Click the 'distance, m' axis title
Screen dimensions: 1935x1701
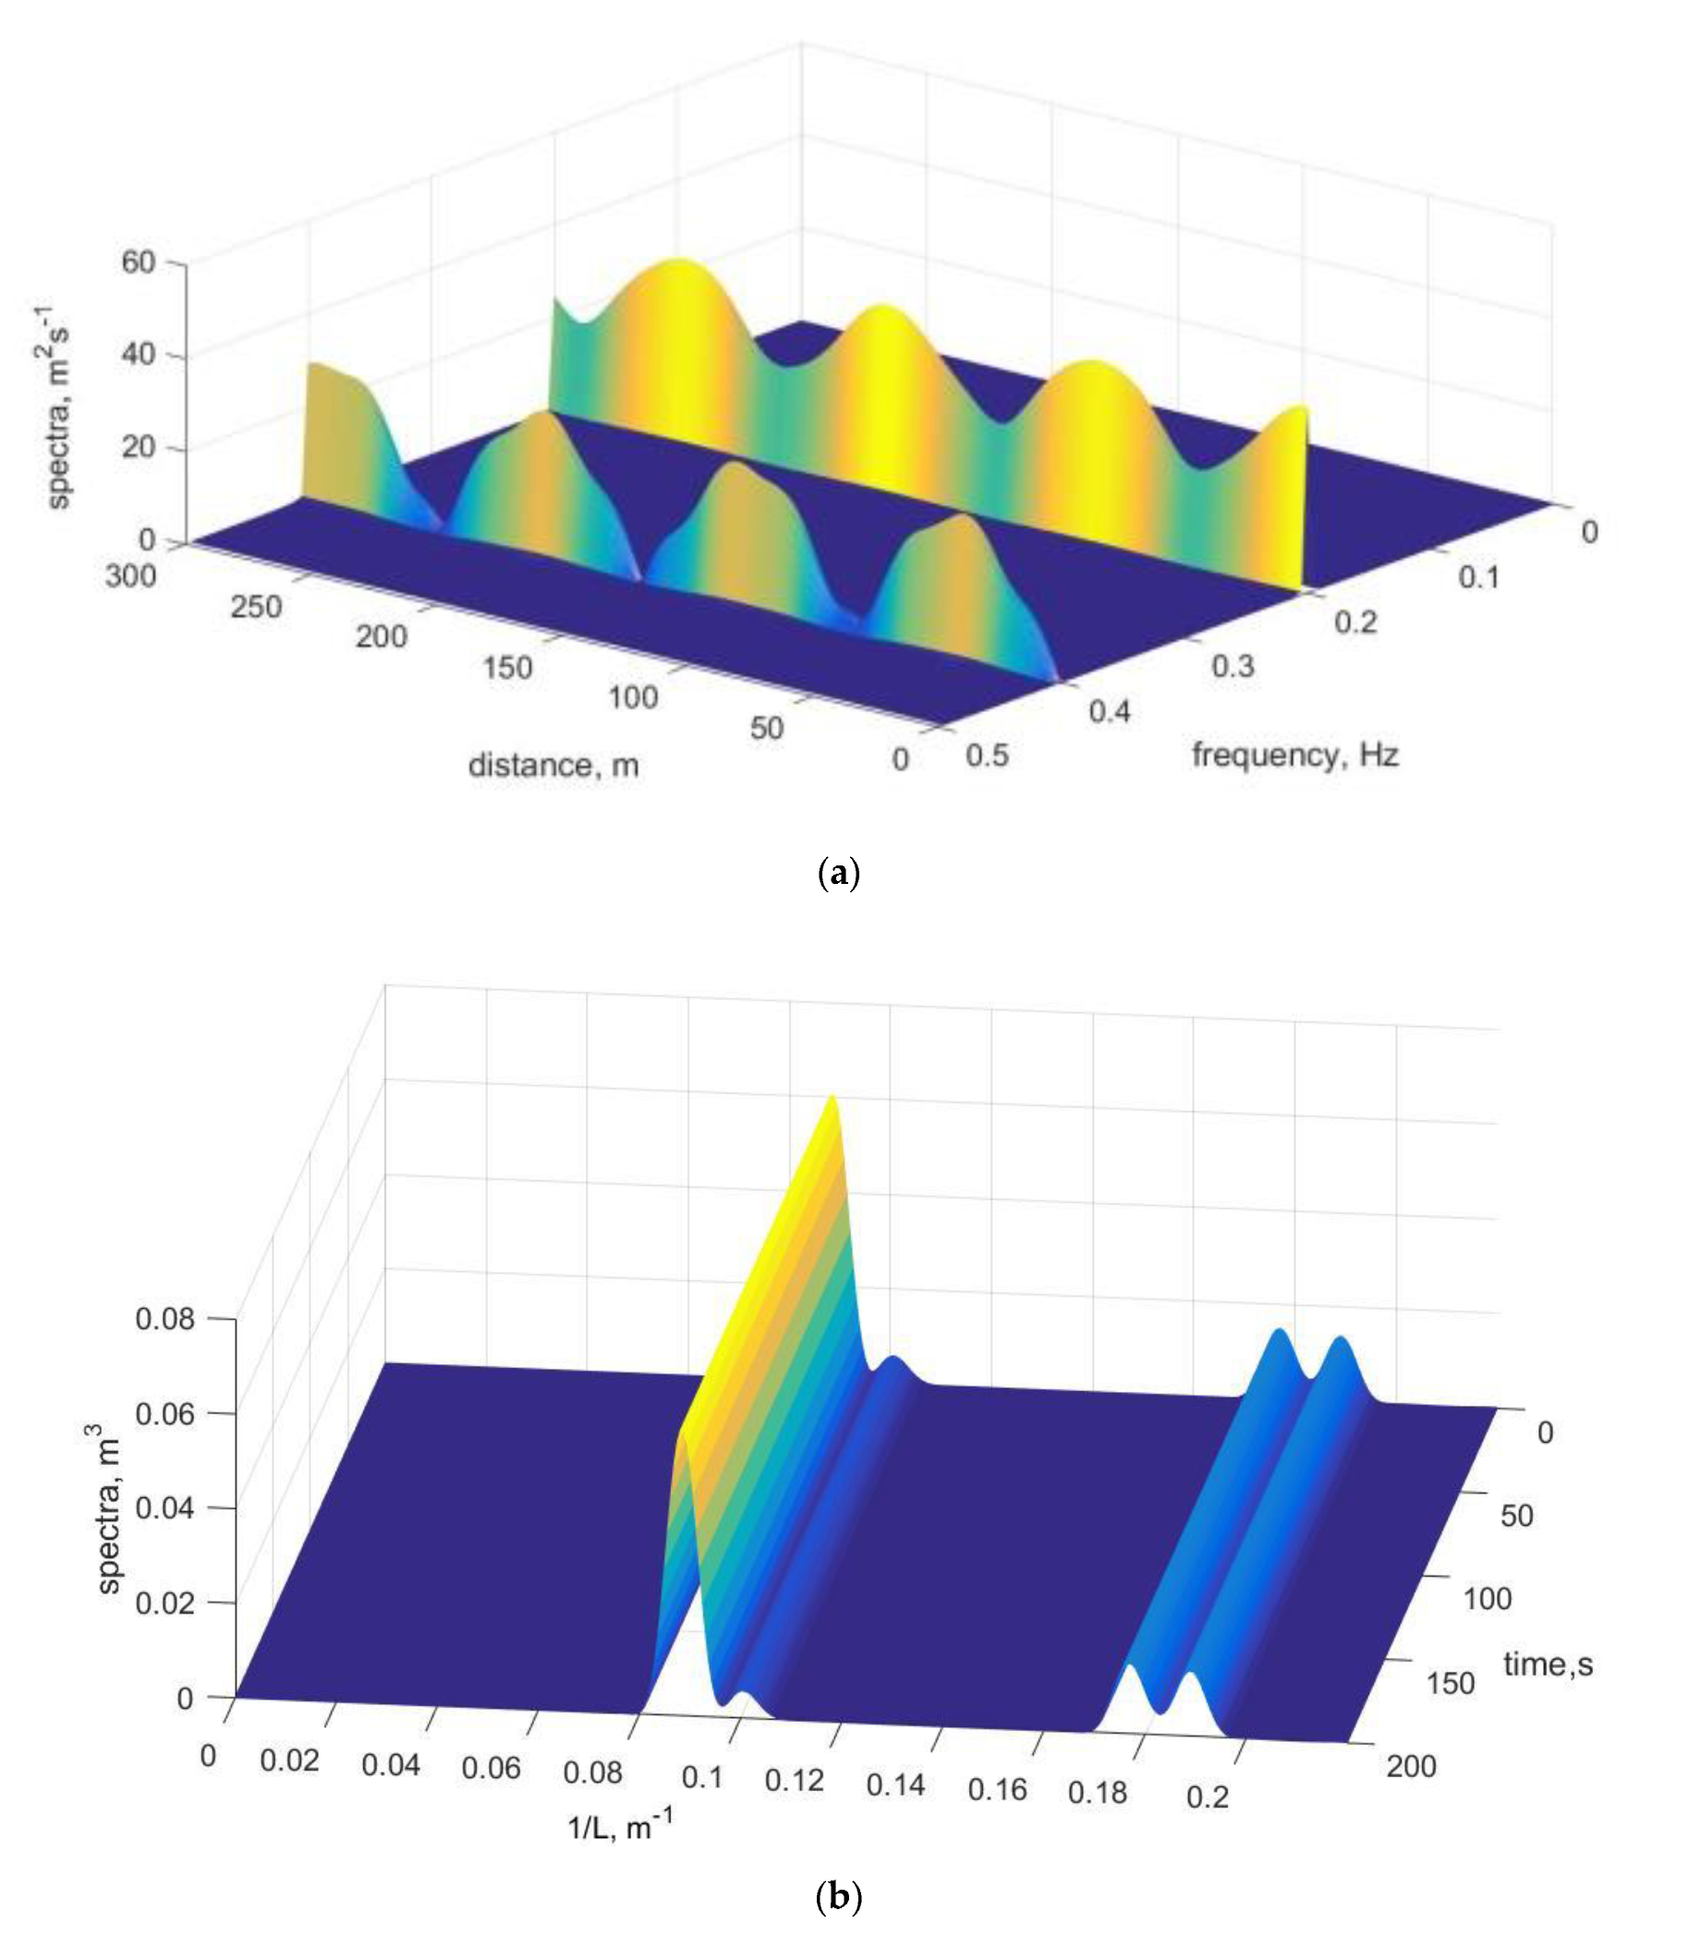(x=553, y=765)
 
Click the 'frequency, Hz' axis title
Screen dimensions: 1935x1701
(x=1294, y=755)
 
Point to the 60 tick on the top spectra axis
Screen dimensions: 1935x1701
(x=139, y=261)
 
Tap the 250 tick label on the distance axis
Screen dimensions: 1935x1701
(x=256, y=607)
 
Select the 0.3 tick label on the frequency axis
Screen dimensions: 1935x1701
(x=1233, y=666)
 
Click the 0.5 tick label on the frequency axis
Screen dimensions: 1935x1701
(x=987, y=756)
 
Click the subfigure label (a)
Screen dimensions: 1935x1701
(x=838, y=872)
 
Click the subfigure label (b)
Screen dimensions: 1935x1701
(x=838, y=1896)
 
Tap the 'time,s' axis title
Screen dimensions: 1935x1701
(x=1548, y=1663)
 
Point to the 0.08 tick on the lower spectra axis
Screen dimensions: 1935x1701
(x=164, y=1318)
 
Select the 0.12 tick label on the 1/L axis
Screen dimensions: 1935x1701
(x=795, y=1781)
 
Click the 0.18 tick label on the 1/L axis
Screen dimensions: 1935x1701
(x=1098, y=1792)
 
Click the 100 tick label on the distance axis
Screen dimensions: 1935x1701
(x=633, y=697)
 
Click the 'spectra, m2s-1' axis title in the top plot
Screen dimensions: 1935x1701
(x=59, y=407)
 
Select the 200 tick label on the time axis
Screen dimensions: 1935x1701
(x=1411, y=1767)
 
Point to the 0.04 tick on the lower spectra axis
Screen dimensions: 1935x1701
(x=164, y=1507)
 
